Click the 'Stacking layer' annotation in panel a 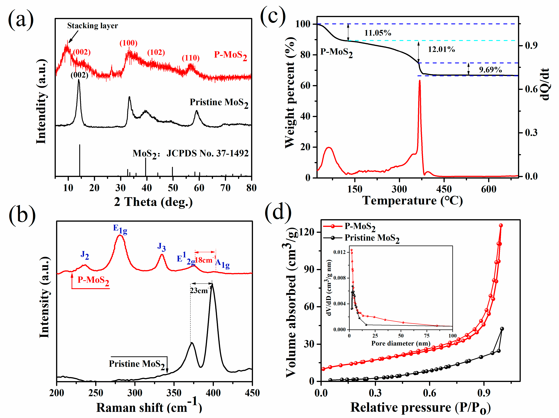click(92, 26)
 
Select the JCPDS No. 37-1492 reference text click(207, 153)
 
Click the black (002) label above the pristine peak click(79, 75)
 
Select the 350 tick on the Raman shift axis click(174, 393)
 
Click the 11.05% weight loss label click(378, 33)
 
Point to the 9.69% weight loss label click(490, 70)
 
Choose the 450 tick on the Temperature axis click(444, 189)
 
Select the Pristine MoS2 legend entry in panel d click(372, 238)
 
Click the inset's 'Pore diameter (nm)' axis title click(400, 343)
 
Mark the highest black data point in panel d click(502, 329)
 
